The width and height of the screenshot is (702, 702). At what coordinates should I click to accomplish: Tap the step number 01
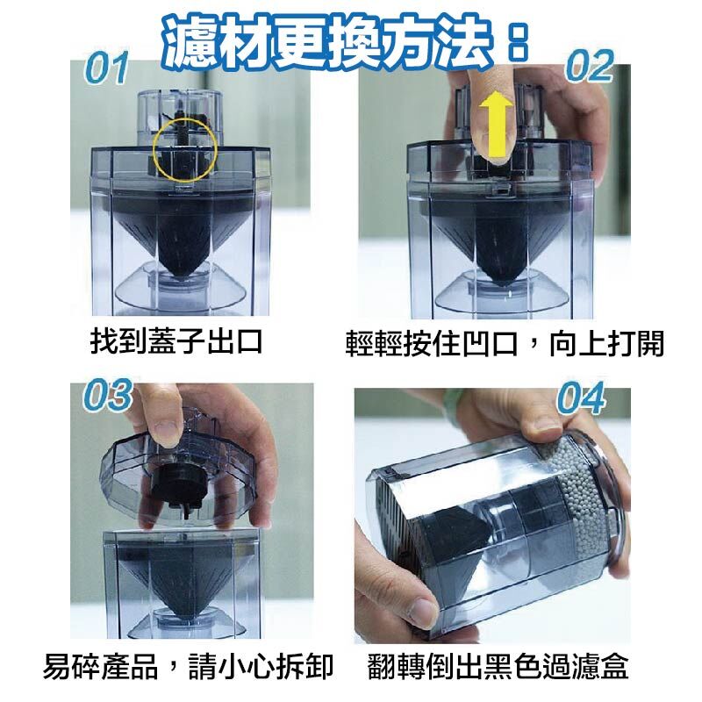pos(106,68)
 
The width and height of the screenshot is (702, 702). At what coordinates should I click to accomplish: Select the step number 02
pos(590,66)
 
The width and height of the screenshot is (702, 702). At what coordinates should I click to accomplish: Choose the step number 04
pos(582,398)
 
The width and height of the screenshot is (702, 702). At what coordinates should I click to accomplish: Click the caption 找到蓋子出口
pos(176,341)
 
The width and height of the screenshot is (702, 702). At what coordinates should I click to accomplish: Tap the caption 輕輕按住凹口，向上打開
pos(504,344)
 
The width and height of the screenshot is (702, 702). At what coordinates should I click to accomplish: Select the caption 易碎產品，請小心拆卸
pos(188,667)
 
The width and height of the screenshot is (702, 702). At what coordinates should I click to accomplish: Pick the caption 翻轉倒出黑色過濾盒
pos(498,667)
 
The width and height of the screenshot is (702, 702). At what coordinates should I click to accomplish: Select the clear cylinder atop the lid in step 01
pos(179,118)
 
